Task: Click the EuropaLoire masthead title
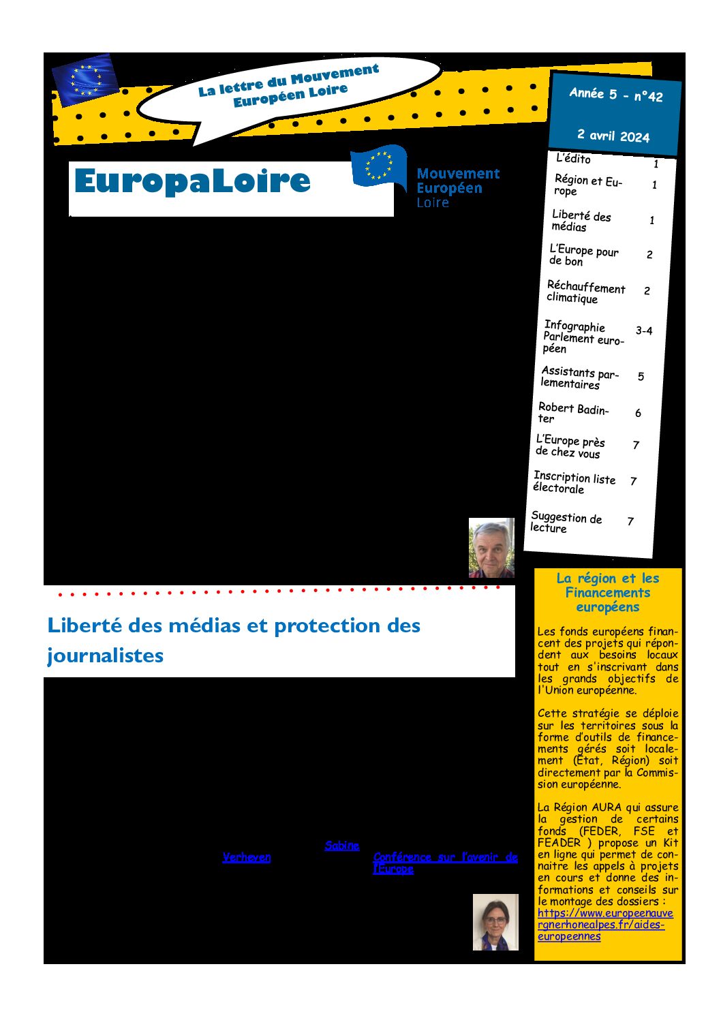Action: [x=192, y=181]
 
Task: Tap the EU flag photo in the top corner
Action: [x=85, y=79]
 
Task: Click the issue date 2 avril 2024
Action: [x=613, y=135]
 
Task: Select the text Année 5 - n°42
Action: [x=616, y=95]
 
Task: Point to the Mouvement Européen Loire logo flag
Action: [x=378, y=166]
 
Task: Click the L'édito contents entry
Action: [x=573, y=159]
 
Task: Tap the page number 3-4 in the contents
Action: [x=644, y=330]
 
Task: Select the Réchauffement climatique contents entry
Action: [x=585, y=292]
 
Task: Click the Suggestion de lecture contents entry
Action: [x=566, y=522]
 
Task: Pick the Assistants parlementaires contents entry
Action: [x=579, y=377]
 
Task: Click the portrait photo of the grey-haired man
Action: [x=491, y=548]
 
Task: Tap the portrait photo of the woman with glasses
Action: [x=495, y=922]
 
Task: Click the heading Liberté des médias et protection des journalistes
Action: [x=233, y=640]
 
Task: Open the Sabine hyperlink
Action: [x=341, y=846]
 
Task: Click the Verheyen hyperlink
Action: [x=247, y=857]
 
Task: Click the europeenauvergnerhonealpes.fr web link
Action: [x=604, y=925]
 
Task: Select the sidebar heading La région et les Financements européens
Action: [x=608, y=592]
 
